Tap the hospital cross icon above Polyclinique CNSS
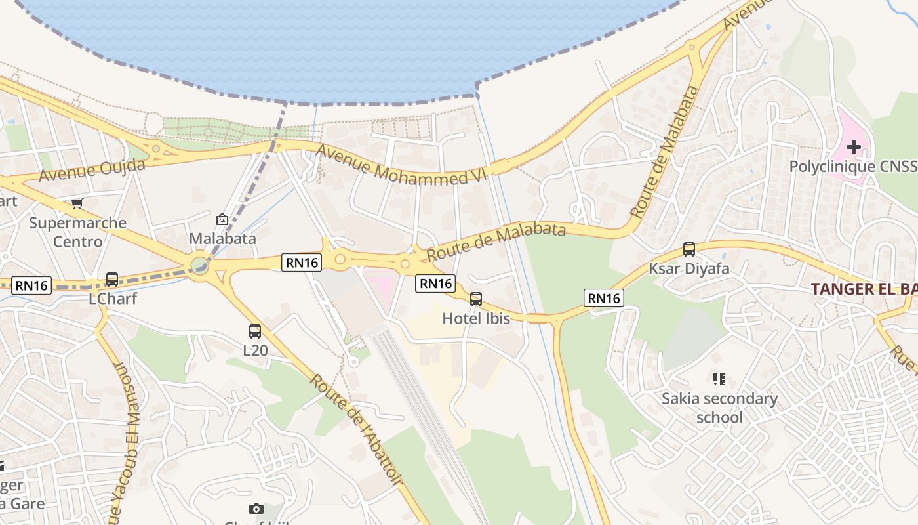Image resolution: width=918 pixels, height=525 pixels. (853, 146)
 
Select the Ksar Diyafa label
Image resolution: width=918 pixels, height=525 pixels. (688, 268)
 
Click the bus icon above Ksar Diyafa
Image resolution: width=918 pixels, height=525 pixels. (688, 249)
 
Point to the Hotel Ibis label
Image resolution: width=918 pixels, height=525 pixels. (476, 319)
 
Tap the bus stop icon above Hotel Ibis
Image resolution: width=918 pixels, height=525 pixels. (476, 299)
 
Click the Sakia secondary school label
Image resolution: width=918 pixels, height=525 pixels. (719, 408)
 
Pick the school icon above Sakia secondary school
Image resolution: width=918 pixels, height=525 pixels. (719, 379)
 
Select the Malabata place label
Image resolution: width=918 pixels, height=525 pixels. (222, 238)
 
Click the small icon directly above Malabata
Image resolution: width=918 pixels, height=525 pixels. (222, 219)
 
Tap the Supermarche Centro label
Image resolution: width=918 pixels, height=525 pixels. (77, 232)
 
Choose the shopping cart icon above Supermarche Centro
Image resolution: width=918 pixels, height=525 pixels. (77, 203)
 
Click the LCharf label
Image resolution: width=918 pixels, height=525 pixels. (113, 299)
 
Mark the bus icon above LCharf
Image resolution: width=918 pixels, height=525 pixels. (112, 280)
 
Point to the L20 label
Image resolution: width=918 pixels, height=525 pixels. (255, 350)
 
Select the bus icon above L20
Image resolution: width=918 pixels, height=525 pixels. (255, 331)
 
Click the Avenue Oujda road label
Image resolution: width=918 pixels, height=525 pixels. (92, 170)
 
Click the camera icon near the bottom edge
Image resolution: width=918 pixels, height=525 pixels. (256, 509)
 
